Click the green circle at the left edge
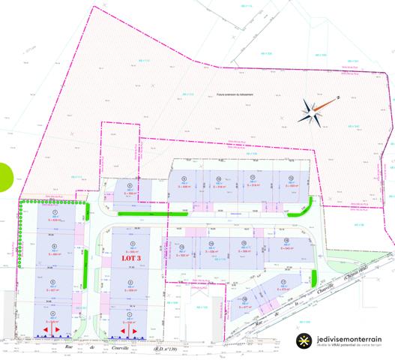click(3, 178)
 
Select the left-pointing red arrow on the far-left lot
click(46, 331)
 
